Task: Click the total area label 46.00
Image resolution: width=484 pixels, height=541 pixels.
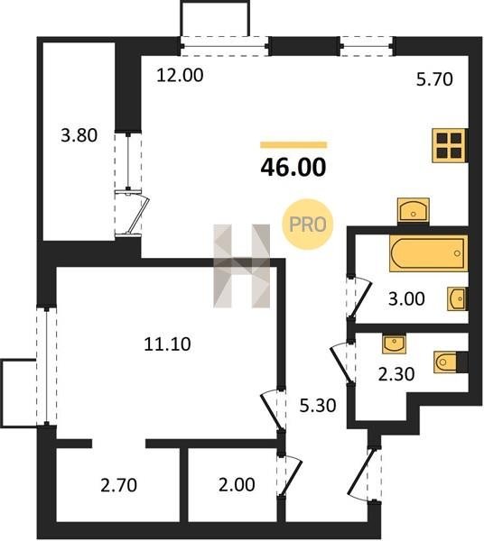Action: click(x=293, y=167)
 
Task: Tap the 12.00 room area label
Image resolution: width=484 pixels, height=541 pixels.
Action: click(x=180, y=75)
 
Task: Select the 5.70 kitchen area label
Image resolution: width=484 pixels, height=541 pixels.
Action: click(x=434, y=79)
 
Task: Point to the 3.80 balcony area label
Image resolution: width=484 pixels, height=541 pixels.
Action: click(x=79, y=135)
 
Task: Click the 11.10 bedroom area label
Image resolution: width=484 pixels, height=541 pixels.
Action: click(x=167, y=344)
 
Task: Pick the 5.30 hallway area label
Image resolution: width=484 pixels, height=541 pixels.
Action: click(x=318, y=406)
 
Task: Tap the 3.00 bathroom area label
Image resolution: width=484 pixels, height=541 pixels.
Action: click(x=406, y=298)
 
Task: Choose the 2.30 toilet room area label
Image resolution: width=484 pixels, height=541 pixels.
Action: click(x=396, y=374)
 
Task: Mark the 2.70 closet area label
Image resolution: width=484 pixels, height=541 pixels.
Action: click(x=119, y=485)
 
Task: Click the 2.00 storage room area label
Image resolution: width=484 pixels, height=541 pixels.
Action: click(x=237, y=484)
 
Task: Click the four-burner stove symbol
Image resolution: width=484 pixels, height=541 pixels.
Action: click(x=450, y=145)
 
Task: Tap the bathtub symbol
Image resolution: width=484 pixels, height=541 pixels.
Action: click(x=428, y=253)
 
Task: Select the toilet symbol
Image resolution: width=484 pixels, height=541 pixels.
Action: click(x=451, y=362)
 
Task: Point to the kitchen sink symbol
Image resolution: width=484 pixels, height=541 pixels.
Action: click(x=414, y=210)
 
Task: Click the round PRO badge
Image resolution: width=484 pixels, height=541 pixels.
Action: click(x=307, y=225)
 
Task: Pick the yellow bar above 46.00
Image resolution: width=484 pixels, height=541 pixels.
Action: click(x=293, y=145)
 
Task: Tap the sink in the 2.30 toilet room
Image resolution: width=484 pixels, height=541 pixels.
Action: click(x=395, y=344)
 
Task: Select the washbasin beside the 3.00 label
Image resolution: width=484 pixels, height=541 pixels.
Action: click(x=458, y=298)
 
